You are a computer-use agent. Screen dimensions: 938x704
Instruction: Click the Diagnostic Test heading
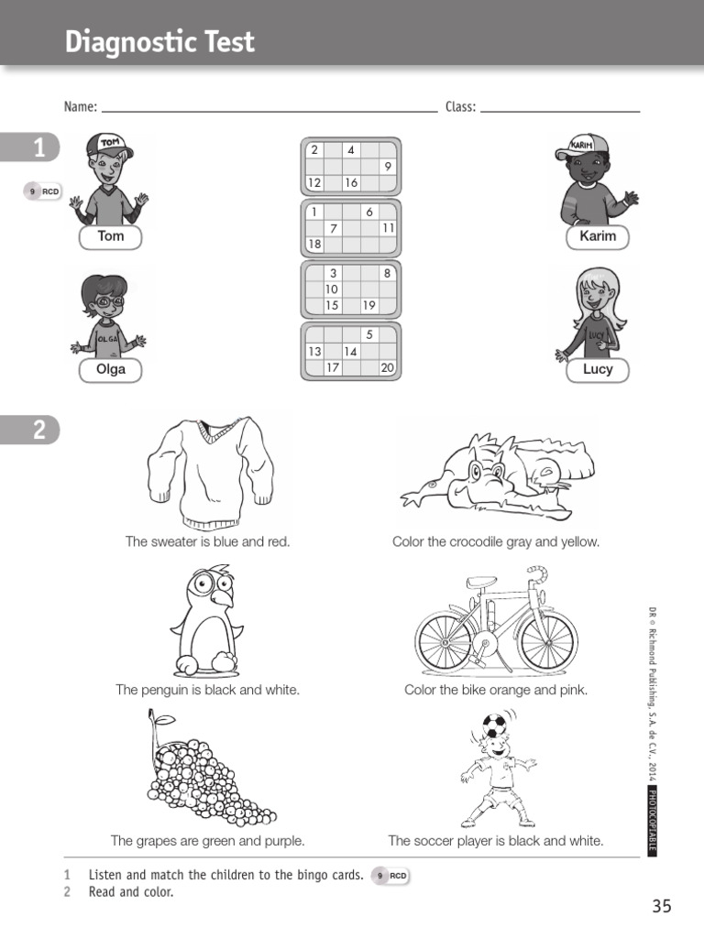pyautogui.click(x=159, y=42)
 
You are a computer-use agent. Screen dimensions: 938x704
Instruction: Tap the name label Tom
pyautogui.click(x=110, y=236)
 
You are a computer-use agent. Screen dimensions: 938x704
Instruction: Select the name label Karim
pyautogui.click(x=598, y=236)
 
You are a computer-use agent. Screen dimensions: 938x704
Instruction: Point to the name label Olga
pyautogui.click(x=110, y=370)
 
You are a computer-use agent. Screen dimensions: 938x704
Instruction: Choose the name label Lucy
pyautogui.click(x=598, y=370)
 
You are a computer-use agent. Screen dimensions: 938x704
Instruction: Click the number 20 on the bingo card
pyautogui.click(x=387, y=367)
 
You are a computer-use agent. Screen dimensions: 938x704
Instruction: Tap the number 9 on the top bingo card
pyautogui.click(x=388, y=166)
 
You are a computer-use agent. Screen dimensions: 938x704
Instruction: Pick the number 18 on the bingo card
pyautogui.click(x=314, y=245)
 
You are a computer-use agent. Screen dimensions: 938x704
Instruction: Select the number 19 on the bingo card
pyautogui.click(x=368, y=305)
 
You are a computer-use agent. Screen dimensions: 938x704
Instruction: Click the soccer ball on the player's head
pyautogui.click(x=493, y=726)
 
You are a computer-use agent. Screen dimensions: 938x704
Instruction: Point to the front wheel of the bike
pyautogui.click(x=547, y=639)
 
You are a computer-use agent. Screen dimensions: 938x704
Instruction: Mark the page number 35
pyautogui.click(x=662, y=906)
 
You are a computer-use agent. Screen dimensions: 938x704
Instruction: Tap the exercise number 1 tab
pyautogui.click(x=37, y=148)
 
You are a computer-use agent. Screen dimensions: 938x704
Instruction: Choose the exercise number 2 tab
pyautogui.click(x=37, y=429)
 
